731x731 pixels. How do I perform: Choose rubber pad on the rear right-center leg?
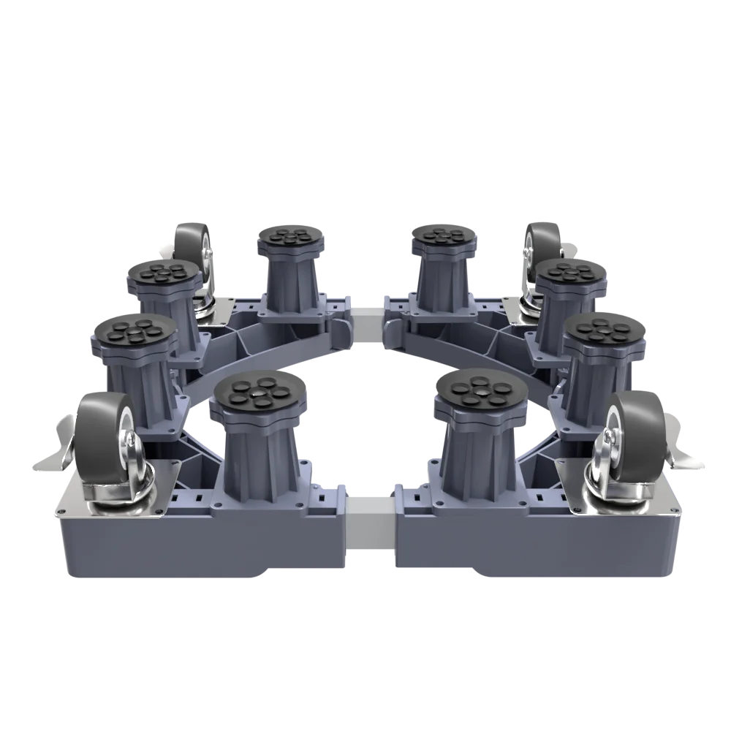tap(443, 237)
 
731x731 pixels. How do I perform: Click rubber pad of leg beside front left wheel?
tap(133, 333)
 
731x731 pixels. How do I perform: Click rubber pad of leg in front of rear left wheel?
tap(162, 274)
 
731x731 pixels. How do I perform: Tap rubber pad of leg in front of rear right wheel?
tap(570, 274)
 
